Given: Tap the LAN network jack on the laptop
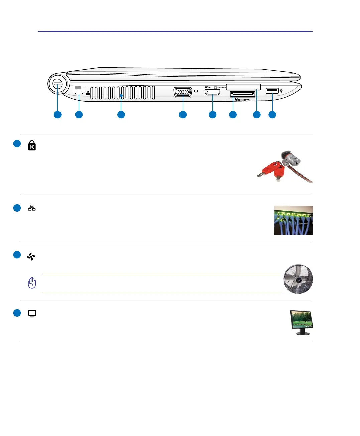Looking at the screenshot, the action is [79, 90].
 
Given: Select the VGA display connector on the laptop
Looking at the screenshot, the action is [183, 92].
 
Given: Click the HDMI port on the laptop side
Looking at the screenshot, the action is [212, 92].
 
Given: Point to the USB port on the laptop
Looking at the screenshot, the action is [272, 91].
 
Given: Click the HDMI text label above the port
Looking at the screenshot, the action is [208, 87].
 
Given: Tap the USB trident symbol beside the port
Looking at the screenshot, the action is [281, 91].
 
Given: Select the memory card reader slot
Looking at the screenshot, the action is [243, 94].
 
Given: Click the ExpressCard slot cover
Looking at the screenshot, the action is [243, 87].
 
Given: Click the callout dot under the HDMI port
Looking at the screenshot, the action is [213, 115].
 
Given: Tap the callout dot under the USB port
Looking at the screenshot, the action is [272, 115].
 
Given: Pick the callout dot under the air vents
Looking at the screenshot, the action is [121, 115].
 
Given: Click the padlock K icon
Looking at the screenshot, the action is [32, 145].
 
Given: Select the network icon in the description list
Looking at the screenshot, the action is [32, 208].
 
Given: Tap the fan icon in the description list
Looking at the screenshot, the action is [31, 257].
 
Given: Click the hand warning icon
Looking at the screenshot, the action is [32, 283].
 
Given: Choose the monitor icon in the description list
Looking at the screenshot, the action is [32, 314].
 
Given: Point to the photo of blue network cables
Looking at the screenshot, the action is [293, 220].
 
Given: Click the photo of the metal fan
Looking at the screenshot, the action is [298, 279].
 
